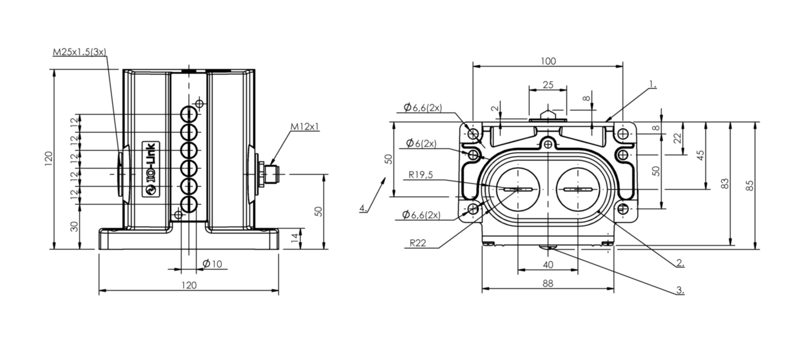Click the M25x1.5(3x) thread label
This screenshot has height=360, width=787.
[x=79, y=52]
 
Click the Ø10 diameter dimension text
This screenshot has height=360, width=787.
[x=212, y=264]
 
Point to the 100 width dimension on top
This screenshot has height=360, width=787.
[x=548, y=61]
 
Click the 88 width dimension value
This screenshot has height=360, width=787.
[x=548, y=283]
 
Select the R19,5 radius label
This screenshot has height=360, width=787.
[x=420, y=176]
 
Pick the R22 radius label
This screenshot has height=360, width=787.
[x=417, y=242]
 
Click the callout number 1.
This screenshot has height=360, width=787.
[x=652, y=84]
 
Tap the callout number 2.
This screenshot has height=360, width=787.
[x=680, y=263]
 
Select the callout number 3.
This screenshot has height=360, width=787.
[x=680, y=290]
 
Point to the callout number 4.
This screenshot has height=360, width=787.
[x=363, y=208]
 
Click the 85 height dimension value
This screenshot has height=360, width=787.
[x=750, y=185]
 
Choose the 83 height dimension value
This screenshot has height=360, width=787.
[x=725, y=184]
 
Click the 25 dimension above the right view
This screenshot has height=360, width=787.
[x=547, y=84]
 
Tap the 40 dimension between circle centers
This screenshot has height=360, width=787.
[x=547, y=264]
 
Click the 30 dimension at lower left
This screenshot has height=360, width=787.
[x=74, y=226]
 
